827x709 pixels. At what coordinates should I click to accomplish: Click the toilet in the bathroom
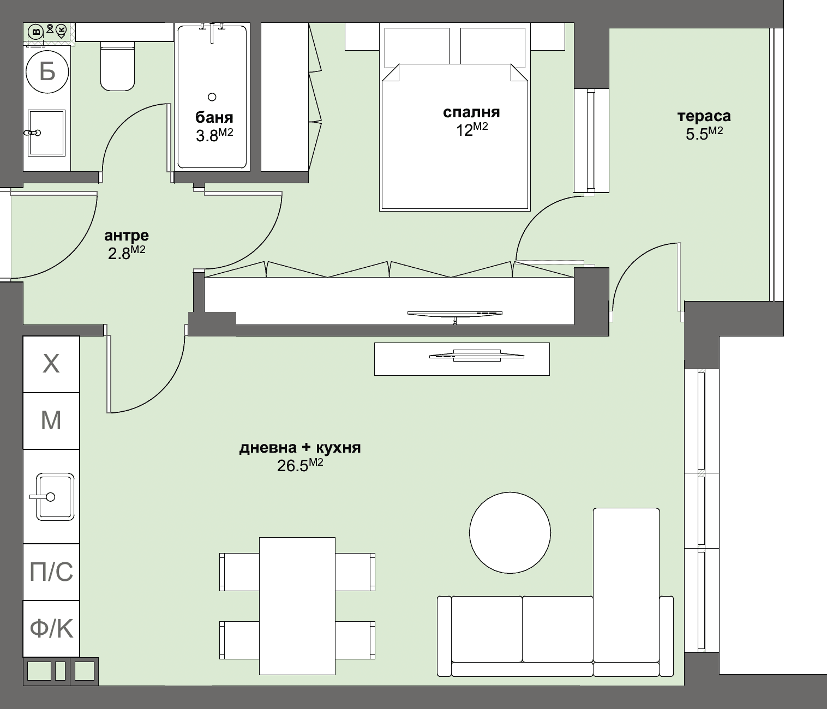click(117, 68)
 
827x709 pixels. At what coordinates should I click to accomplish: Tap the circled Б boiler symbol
click(47, 71)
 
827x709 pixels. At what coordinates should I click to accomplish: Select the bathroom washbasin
click(47, 133)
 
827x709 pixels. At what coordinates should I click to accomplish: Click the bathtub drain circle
click(212, 97)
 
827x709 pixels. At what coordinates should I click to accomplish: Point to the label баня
click(214, 117)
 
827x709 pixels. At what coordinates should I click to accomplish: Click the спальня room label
click(471, 112)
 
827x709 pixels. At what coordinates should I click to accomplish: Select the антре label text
click(126, 236)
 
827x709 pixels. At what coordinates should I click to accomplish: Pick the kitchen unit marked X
click(51, 364)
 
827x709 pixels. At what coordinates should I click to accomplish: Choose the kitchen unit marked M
click(51, 420)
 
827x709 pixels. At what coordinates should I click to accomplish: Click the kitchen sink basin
click(55, 497)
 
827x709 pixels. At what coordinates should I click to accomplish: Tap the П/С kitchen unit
click(51, 572)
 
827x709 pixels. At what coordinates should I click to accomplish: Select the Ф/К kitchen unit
click(51, 629)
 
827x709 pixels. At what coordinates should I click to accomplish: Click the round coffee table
click(510, 532)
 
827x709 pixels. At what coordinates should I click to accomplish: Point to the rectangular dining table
click(297, 606)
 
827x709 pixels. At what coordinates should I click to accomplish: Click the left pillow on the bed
click(417, 46)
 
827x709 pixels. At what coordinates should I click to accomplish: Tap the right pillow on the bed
click(493, 46)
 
